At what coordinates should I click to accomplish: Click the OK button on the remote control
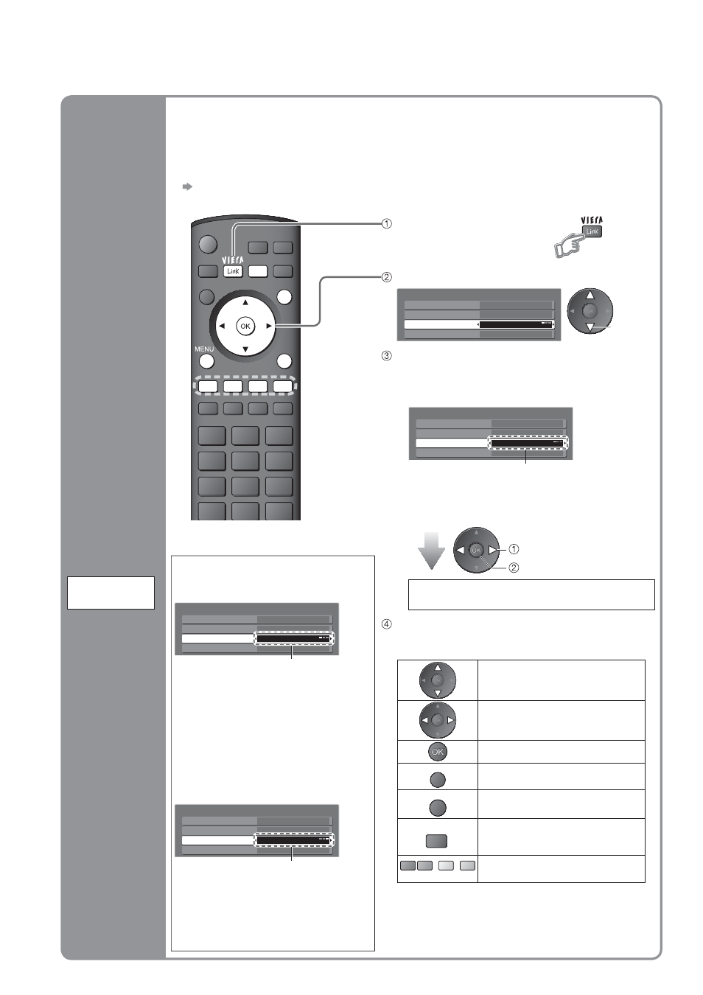pyautogui.click(x=245, y=326)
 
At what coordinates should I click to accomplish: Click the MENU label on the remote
pyautogui.click(x=204, y=349)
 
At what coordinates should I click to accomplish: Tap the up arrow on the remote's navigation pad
pyautogui.click(x=245, y=303)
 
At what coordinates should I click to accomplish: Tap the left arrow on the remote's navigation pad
pyautogui.click(x=222, y=326)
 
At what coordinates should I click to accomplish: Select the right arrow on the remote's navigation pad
pyautogui.click(x=269, y=326)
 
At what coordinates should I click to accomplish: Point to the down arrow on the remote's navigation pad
pyautogui.click(x=245, y=349)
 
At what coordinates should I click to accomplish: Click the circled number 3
pyautogui.click(x=387, y=356)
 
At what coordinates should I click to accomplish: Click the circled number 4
pyautogui.click(x=387, y=624)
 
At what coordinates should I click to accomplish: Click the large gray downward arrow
pyautogui.click(x=431, y=551)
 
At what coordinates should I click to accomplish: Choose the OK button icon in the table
pyautogui.click(x=438, y=752)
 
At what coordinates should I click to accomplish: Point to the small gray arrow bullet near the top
pyautogui.click(x=187, y=186)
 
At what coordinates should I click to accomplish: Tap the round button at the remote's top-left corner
pyautogui.click(x=208, y=244)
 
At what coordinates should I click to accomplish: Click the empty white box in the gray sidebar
pyautogui.click(x=111, y=593)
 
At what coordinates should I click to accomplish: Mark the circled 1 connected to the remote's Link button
pyautogui.click(x=387, y=224)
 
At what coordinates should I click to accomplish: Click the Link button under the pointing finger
pyautogui.click(x=592, y=231)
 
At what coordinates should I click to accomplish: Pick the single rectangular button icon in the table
pyautogui.click(x=436, y=841)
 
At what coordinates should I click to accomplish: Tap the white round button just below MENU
pyautogui.click(x=206, y=362)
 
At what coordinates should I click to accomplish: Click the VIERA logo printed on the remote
pyautogui.click(x=233, y=260)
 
